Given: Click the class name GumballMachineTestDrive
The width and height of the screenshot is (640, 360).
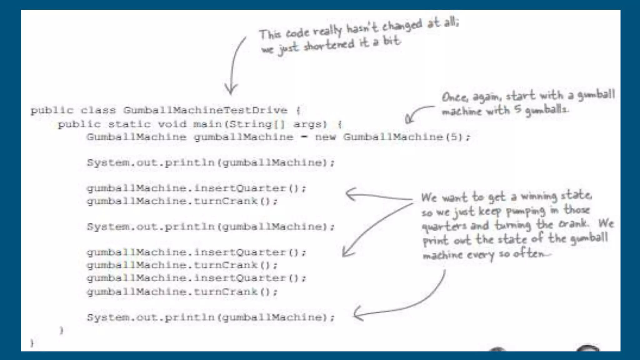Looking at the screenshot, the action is pos(205,110).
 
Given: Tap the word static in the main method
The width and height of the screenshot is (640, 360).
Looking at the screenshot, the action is pos(129,124).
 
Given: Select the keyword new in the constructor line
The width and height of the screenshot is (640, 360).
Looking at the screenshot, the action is pos(325,137).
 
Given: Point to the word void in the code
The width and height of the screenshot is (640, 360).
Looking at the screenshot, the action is pos(172,124).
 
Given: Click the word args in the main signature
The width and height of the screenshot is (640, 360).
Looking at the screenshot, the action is pos(309,124).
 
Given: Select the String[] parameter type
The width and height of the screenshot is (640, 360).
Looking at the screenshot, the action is pos(257,124).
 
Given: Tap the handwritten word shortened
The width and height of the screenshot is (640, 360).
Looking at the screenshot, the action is pos(329,46).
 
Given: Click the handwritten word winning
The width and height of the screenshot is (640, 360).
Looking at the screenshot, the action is pos(539,197).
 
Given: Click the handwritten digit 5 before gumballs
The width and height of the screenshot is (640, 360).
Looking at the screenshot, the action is pos(517,110).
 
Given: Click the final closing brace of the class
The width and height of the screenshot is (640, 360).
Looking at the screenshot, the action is pos(32,343).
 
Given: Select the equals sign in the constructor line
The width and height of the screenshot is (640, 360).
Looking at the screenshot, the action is pos(304,137).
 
